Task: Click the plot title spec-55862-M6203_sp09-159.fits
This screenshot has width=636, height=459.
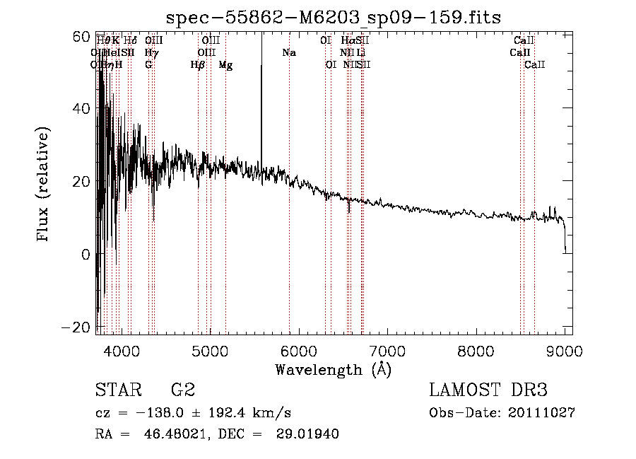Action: tap(333, 17)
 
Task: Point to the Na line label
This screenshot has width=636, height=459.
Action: tap(288, 53)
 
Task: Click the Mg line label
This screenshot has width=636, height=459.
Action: tap(225, 65)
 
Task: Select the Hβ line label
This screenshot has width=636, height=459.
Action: tap(198, 65)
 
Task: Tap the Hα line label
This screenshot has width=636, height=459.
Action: tap(347, 41)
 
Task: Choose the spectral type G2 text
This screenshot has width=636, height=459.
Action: tap(182, 390)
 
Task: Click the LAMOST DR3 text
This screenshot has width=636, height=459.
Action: tap(488, 390)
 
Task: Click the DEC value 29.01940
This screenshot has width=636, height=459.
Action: tap(309, 434)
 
